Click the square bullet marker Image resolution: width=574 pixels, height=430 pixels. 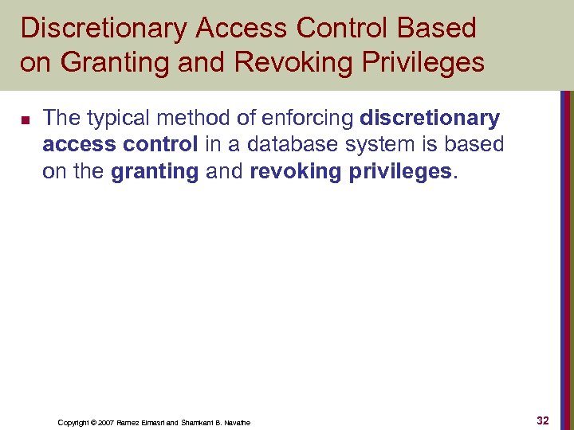(x=24, y=121)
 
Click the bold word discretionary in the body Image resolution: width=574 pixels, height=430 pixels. (x=431, y=119)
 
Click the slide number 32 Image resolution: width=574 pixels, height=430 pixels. (x=543, y=420)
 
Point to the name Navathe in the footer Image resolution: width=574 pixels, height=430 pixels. (x=235, y=423)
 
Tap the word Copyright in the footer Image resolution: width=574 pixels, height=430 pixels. (x=74, y=423)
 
